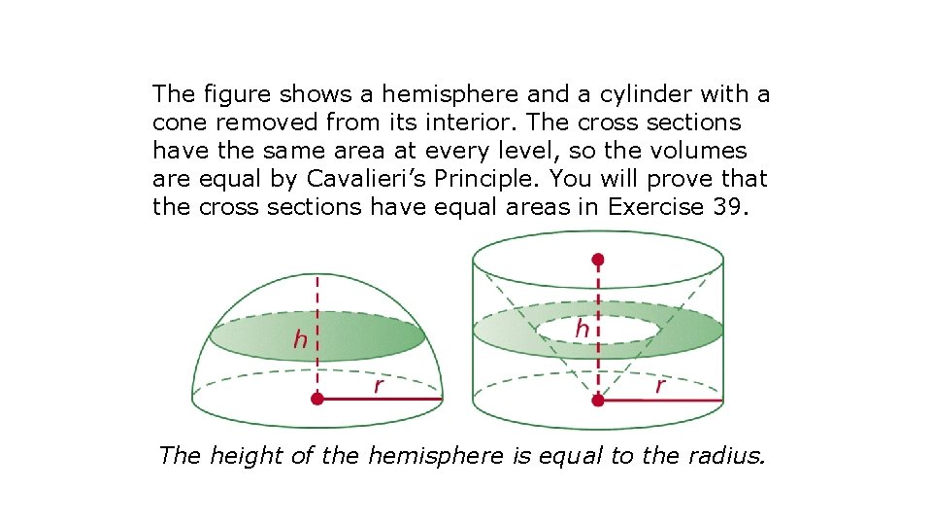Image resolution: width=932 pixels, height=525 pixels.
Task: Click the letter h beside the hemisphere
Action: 301,340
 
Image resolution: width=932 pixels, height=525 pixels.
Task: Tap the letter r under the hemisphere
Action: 379,387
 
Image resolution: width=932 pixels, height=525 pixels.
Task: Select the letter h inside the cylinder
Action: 582,330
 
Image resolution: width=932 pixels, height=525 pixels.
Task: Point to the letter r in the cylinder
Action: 660,386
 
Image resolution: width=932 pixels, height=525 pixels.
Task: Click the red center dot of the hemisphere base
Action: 317,399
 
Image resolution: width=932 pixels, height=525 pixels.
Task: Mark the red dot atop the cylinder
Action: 598,260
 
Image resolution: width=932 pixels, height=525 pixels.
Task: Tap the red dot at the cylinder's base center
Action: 598,400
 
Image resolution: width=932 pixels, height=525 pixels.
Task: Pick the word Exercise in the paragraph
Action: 650,207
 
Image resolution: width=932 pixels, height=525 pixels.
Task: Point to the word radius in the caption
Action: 725,454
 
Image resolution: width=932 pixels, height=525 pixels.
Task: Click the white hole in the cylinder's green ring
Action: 598,329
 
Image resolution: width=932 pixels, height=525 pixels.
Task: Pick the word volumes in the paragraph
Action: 698,151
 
